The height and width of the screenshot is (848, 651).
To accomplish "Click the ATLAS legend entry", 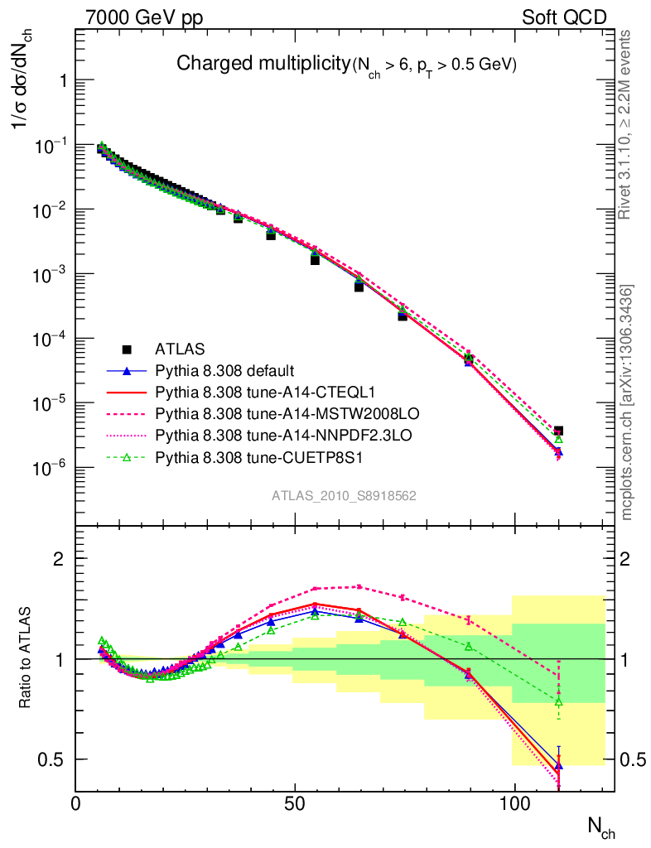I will [180, 349].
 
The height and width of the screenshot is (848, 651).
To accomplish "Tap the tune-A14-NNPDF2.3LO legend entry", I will [260, 435].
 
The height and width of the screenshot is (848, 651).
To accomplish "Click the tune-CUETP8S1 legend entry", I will [242, 456].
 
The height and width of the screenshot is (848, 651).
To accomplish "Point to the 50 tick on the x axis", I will [295, 807].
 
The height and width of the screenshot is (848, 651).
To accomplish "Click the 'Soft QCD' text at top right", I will [564, 17].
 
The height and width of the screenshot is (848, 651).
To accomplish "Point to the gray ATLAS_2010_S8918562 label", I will [344, 496].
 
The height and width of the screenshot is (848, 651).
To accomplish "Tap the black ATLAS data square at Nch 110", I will [558, 431].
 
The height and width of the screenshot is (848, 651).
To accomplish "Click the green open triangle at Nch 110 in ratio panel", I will [558, 701].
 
